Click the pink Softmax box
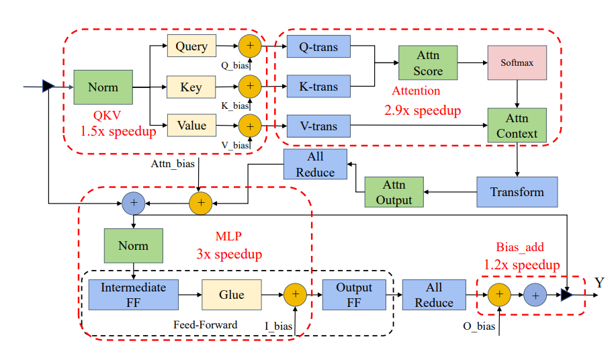(517, 62)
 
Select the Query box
(191, 46)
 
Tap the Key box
(191, 87)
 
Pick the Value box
(191, 125)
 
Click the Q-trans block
(318, 46)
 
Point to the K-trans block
(318, 86)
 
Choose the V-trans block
(318, 126)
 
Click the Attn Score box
(428, 62)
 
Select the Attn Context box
(517, 125)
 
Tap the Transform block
(517, 192)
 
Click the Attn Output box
(394, 192)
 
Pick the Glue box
(232, 294)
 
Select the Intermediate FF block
(134, 294)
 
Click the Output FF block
(354, 294)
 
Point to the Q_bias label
(235, 66)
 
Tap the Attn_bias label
(173, 163)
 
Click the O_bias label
(479, 326)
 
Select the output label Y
(599, 282)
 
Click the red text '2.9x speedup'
(423, 110)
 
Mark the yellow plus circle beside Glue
(295, 294)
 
